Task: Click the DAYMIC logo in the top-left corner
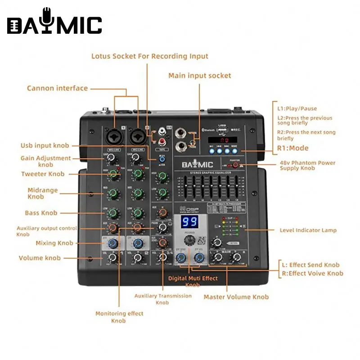[x=54, y=21]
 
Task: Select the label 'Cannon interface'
[x=57, y=88]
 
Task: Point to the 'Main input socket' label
[x=200, y=76]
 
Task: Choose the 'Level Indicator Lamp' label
[x=308, y=230]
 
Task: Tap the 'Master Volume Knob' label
[x=236, y=297]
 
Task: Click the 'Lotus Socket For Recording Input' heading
[x=150, y=56]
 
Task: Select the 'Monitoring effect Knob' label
[x=119, y=317]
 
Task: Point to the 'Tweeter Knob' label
[x=43, y=174]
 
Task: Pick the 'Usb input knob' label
[x=45, y=145]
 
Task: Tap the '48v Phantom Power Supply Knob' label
[x=307, y=165]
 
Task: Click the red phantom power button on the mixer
[x=235, y=165]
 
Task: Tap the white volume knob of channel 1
[x=113, y=258]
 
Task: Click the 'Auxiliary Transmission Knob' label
[x=163, y=299]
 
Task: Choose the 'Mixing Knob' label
[x=54, y=243]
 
